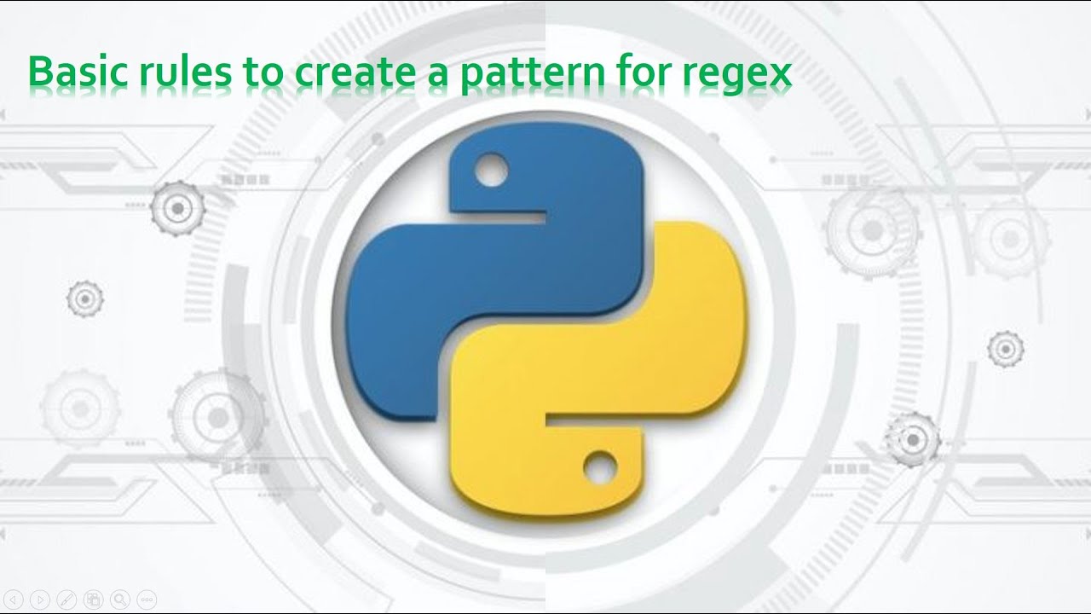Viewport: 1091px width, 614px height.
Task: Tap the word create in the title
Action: coord(349,74)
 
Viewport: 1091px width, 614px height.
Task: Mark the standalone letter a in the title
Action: coord(434,78)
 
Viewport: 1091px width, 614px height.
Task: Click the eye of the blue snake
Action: coord(491,171)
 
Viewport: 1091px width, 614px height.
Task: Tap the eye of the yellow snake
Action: coord(600,465)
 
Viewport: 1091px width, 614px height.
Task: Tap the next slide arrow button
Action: coord(41,599)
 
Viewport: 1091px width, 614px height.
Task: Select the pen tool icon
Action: coord(67,599)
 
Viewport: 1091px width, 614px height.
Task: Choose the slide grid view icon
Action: coord(94,599)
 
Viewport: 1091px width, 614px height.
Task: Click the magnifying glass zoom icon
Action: coord(120,599)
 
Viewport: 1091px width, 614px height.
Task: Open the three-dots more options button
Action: coord(147,599)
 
